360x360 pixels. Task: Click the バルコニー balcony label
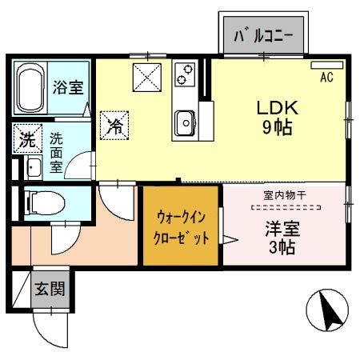click(x=262, y=36)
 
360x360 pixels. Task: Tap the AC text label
click(x=326, y=78)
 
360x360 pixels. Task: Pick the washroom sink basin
click(x=34, y=168)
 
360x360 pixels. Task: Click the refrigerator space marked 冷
click(x=114, y=125)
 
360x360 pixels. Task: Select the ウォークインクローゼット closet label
click(x=182, y=226)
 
